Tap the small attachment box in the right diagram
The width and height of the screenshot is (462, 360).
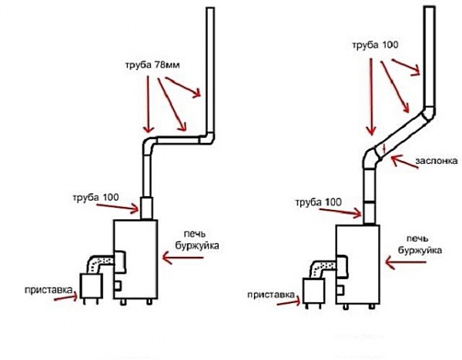tap(313, 292)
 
